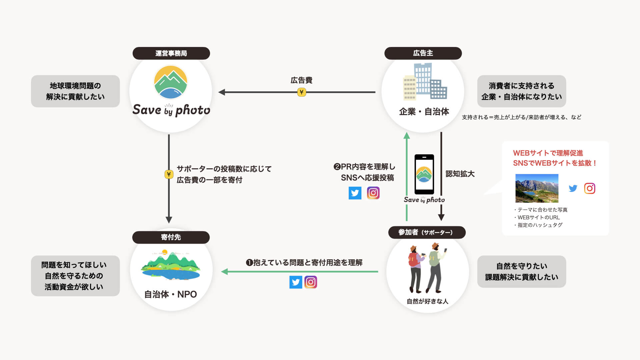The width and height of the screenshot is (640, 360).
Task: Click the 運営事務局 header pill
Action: [x=171, y=53]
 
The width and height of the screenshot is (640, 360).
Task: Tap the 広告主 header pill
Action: [x=423, y=53]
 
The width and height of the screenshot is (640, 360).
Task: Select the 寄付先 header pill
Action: [x=171, y=237]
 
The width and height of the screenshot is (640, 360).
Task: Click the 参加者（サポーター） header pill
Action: [x=427, y=232]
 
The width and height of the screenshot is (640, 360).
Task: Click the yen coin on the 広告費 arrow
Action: [x=301, y=92]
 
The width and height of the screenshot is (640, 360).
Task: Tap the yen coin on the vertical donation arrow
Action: [x=169, y=174]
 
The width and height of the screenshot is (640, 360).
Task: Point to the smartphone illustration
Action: [x=424, y=174]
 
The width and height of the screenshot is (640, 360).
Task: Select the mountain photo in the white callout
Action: [x=537, y=188]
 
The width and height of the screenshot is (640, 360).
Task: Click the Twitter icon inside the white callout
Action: [x=573, y=188]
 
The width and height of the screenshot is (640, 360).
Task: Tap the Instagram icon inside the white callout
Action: [x=589, y=188]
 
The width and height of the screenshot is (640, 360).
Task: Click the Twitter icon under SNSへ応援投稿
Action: [x=355, y=193]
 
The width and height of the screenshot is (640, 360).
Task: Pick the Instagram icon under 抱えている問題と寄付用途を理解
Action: [x=311, y=282]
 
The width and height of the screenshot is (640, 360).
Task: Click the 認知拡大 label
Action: [x=460, y=174]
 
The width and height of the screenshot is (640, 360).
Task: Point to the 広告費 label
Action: [x=301, y=80]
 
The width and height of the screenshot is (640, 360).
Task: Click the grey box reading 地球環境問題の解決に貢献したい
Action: [x=75, y=91]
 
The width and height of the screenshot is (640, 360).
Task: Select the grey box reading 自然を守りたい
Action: [x=521, y=271]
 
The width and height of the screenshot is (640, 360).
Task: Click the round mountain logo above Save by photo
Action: [x=171, y=82]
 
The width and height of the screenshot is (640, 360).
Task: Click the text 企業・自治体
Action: [x=424, y=112]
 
